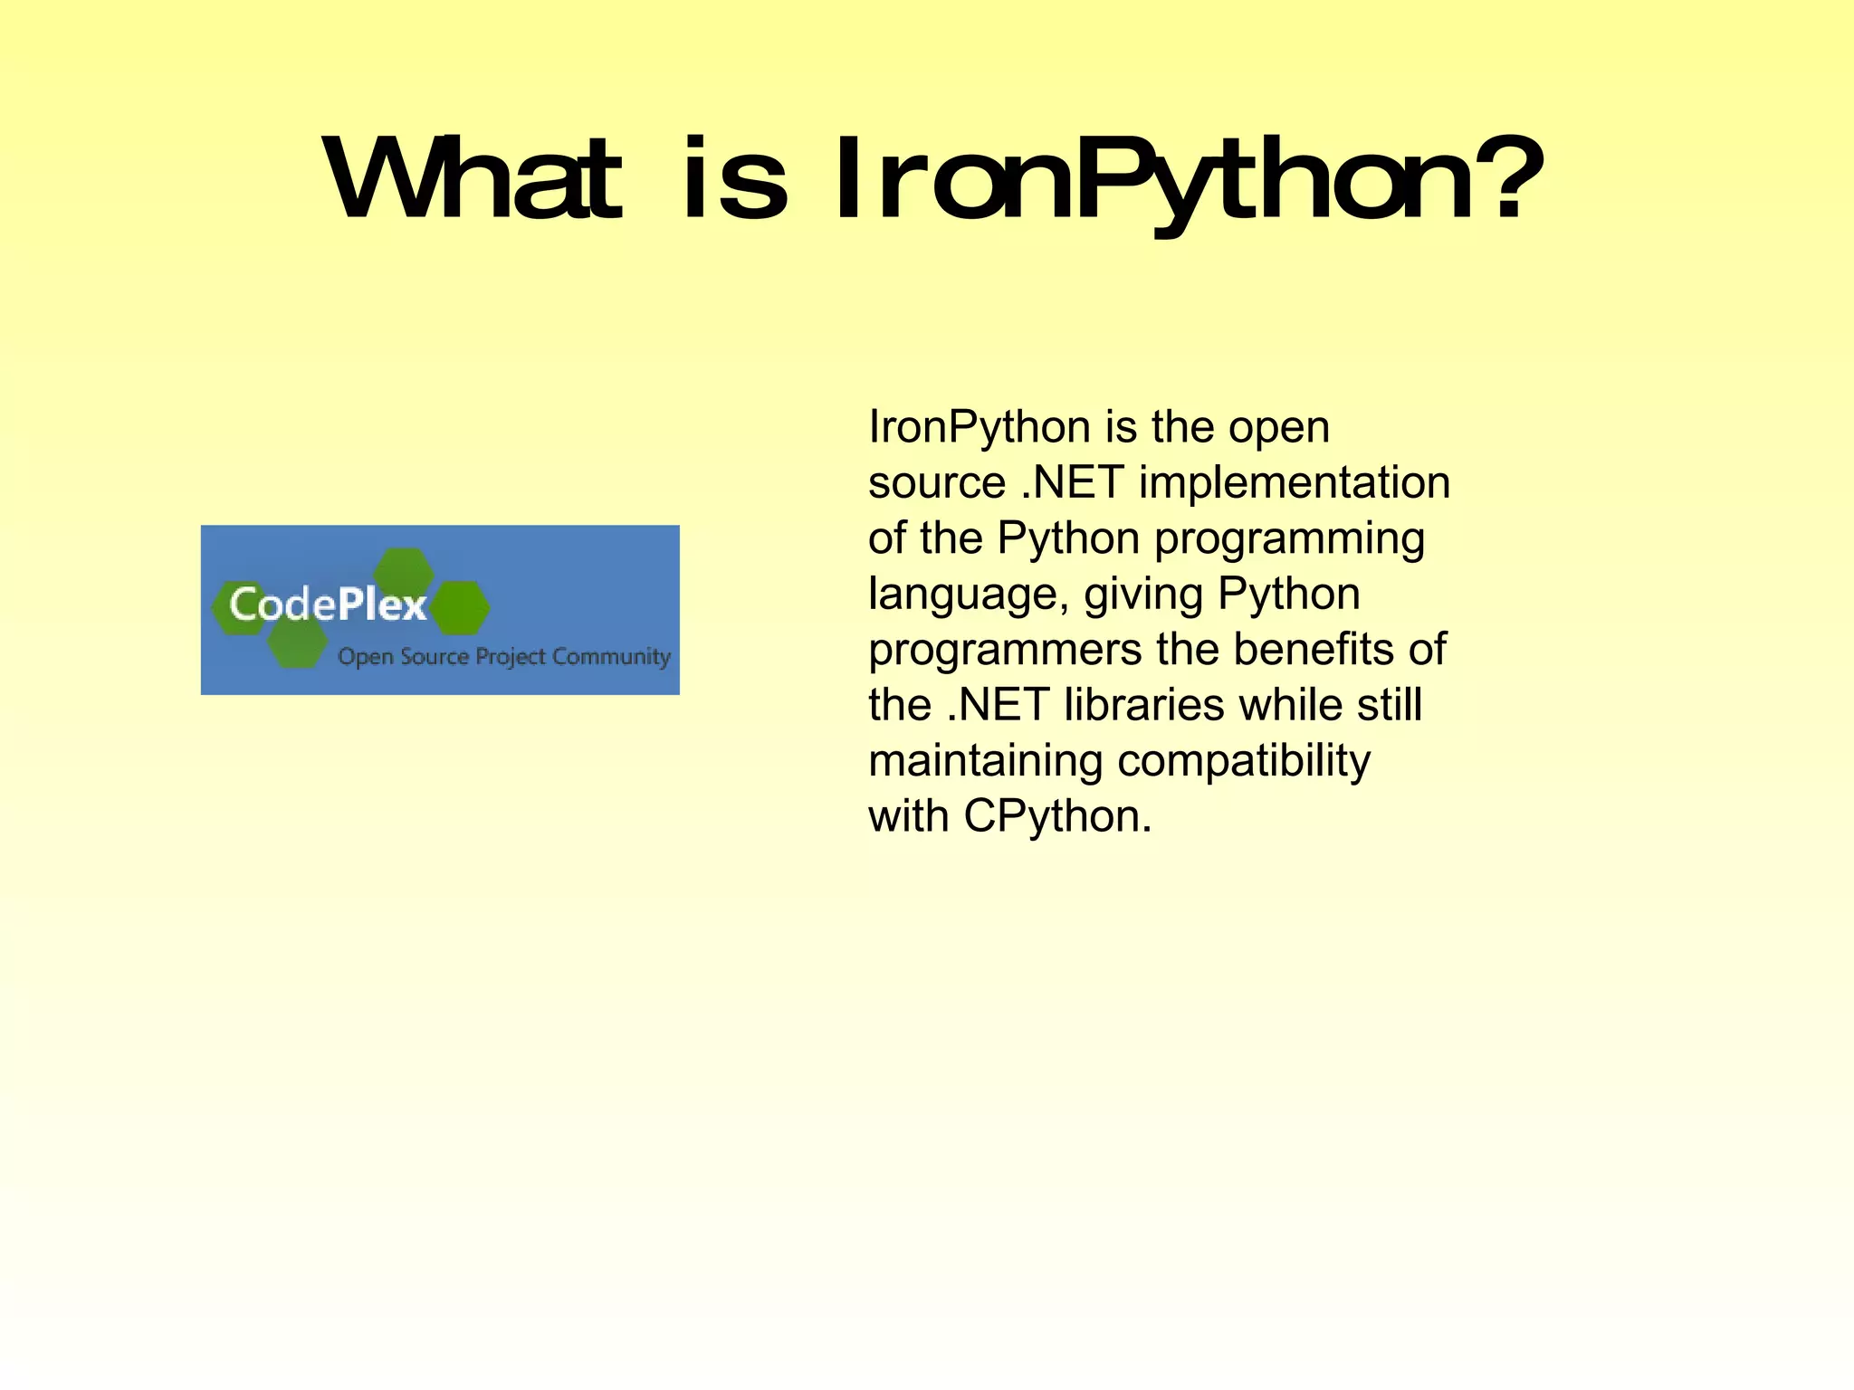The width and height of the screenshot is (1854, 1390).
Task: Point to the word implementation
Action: pos(1295,482)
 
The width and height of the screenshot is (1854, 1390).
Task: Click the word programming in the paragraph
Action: pos(1290,539)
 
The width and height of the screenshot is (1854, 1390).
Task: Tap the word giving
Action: pos(1143,595)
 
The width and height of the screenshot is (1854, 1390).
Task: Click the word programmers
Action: pos(1005,651)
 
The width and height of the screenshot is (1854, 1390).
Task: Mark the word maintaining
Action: pos(985,761)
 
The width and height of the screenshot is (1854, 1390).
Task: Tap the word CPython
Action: pos(1056,816)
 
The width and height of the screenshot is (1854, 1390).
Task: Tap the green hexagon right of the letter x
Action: pos(462,607)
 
